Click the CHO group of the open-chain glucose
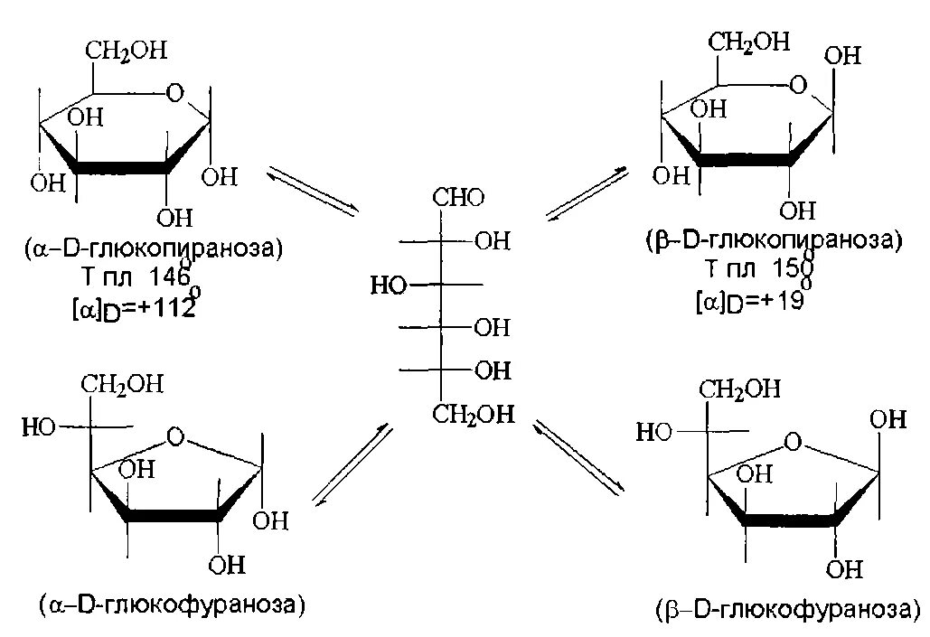tap(459, 198)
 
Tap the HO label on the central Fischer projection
tap(388, 286)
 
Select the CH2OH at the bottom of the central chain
tap(472, 415)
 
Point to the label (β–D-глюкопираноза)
tap(770, 241)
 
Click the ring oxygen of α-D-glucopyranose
tap(174, 91)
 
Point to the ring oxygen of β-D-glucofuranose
tap(793, 443)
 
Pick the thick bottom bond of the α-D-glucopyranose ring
tap(122, 166)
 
